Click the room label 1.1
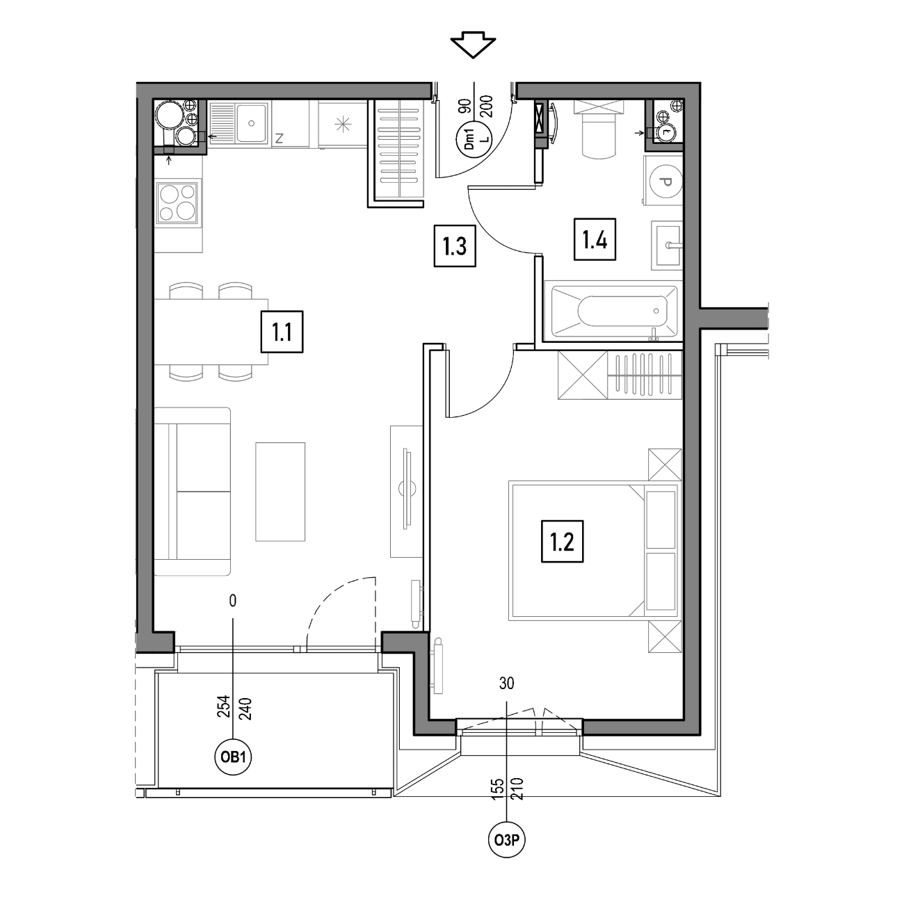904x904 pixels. tap(282, 332)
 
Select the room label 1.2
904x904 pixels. tap(562, 542)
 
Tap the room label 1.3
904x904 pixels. tap(455, 246)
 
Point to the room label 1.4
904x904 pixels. tap(595, 240)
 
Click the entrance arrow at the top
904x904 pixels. tap(473, 45)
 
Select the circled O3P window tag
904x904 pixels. tap(507, 840)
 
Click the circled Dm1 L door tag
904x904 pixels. tap(474, 138)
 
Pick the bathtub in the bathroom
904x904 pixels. tap(614, 311)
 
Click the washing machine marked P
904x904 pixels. tap(663, 181)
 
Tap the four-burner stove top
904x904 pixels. tap(177, 202)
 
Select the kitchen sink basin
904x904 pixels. tap(252, 123)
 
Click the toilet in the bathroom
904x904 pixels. tap(598, 129)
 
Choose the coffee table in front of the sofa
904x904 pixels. tap(280, 492)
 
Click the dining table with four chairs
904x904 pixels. tap(211, 332)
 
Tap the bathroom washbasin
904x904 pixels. tap(667, 245)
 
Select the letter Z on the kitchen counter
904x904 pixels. tap(279, 138)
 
